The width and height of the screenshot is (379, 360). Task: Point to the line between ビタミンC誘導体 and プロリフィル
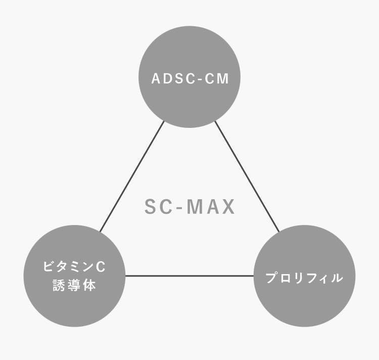[x=189, y=276]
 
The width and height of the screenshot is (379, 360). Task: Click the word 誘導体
[x=74, y=286]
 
